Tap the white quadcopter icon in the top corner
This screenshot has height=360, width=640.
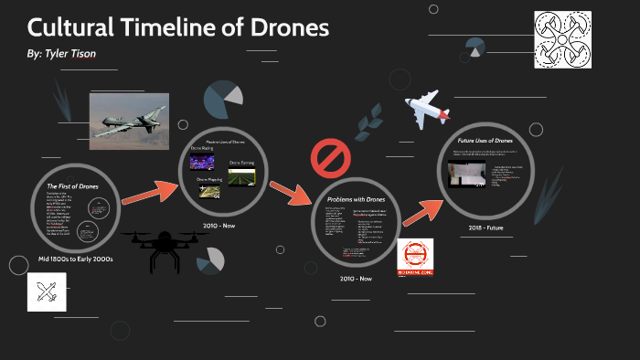565,39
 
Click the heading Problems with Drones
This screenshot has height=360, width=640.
356,198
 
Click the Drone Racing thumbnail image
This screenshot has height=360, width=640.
200,163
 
